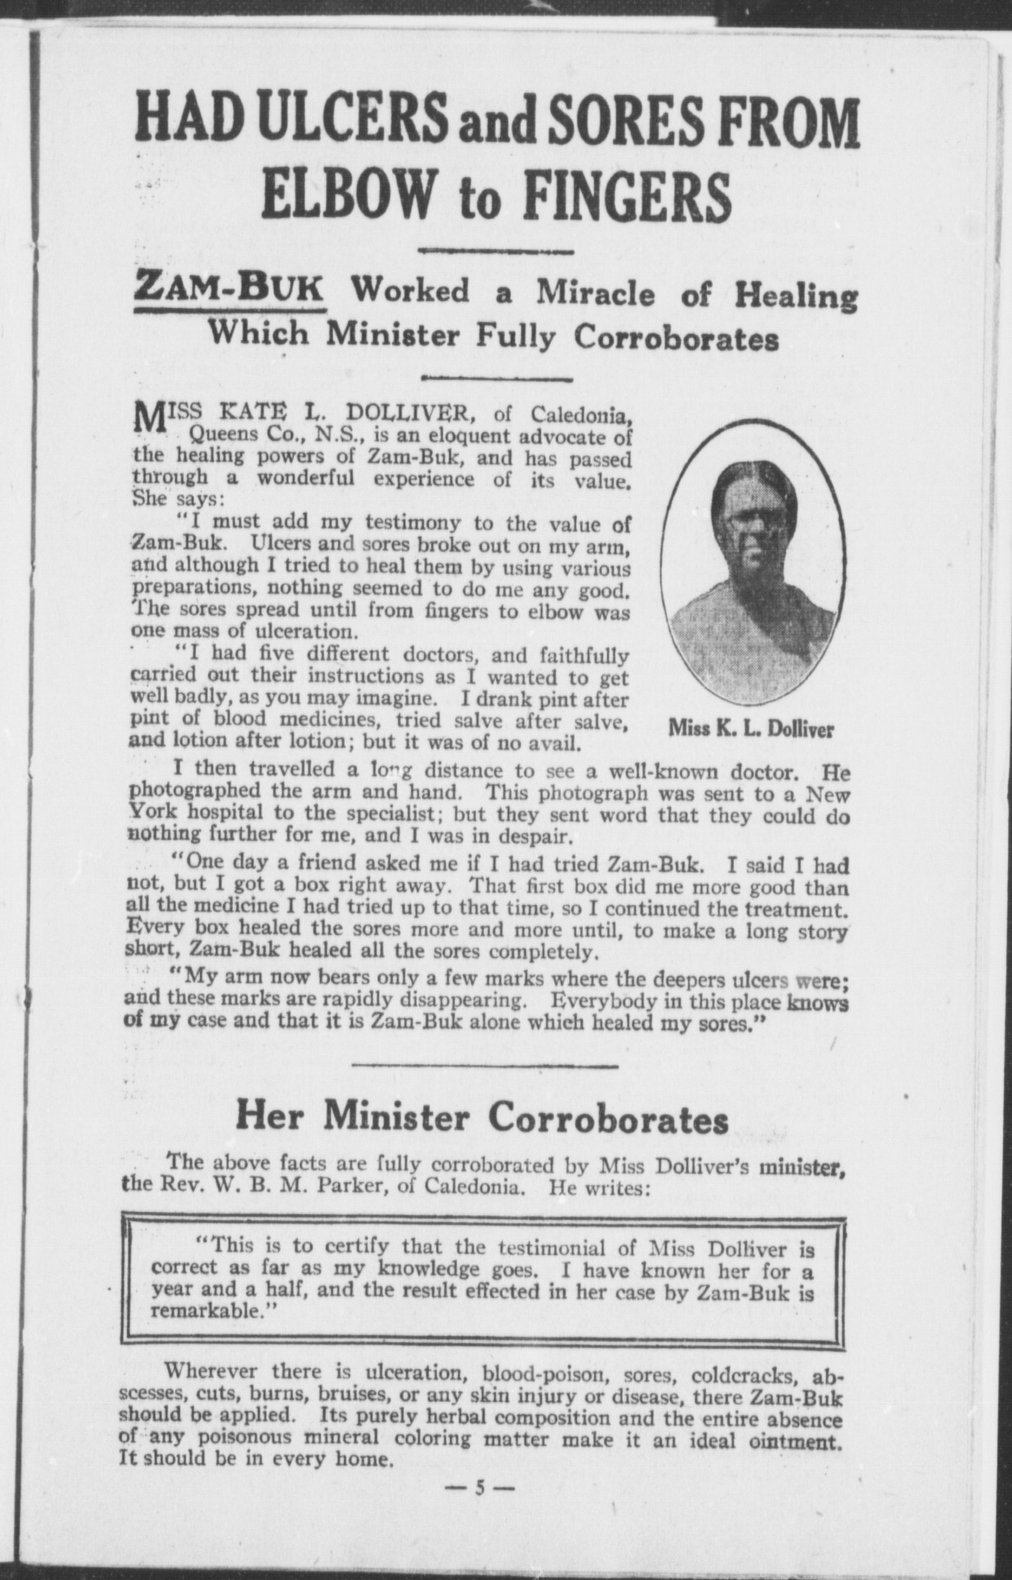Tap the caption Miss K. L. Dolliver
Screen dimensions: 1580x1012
click(751, 730)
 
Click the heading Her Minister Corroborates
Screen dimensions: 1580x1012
click(482, 1117)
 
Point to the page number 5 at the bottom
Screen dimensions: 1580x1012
click(481, 1488)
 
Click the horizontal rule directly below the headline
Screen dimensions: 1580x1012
click(496, 250)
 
